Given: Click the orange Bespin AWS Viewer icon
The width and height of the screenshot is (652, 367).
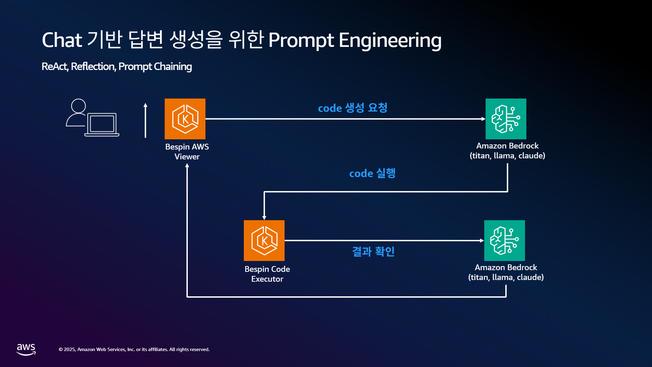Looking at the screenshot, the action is (185, 119).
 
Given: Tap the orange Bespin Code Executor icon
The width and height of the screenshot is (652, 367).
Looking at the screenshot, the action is (264, 241).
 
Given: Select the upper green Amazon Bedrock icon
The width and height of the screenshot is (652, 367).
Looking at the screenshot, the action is (506, 119).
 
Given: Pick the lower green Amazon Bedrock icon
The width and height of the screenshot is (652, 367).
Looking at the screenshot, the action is (505, 241).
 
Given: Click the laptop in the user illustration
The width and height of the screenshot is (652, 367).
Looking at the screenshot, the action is (102, 125).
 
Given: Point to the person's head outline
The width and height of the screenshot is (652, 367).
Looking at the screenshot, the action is (78, 106).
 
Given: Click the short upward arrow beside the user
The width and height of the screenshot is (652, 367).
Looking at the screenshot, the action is (145, 120).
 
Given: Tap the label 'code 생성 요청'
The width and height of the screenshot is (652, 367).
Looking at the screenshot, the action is (352, 108).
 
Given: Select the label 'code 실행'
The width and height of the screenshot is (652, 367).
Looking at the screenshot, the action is (372, 173).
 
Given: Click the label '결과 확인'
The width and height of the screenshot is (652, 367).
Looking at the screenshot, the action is (373, 251).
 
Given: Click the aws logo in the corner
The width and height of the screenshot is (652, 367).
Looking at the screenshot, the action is (26, 349).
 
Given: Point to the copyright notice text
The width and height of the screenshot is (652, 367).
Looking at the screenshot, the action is (134, 349).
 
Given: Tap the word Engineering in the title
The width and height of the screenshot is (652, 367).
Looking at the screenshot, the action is (390, 40).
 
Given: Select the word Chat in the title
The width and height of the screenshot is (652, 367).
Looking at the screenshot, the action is (62, 40).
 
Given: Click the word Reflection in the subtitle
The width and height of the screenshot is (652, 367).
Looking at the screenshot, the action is (93, 66).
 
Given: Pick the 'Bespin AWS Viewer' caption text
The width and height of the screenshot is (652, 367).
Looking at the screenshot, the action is (187, 152).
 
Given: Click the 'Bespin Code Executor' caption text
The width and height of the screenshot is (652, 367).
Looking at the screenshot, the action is (267, 274).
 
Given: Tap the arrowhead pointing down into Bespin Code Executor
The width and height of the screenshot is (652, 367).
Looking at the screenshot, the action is (264, 218).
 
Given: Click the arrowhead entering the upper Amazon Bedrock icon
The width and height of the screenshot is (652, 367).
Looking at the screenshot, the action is (484, 119).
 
